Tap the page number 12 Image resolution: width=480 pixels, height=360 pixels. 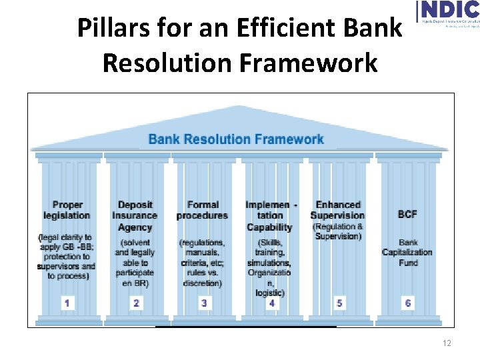[x=447, y=343]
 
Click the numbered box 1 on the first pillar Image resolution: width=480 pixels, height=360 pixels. [x=67, y=303]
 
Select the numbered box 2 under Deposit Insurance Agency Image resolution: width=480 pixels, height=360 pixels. [x=136, y=303]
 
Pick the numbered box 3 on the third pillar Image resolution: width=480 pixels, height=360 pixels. [x=204, y=303]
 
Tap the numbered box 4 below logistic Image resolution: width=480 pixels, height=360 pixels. [x=272, y=303]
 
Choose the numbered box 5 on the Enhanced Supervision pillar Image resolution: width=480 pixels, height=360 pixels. [x=340, y=303]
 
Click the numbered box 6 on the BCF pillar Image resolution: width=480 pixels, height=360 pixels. [x=408, y=303]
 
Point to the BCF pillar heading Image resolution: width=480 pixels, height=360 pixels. [x=407, y=215]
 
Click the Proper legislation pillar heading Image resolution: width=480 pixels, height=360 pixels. [x=67, y=210]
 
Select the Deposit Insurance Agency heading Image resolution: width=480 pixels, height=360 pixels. [x=135, y=215]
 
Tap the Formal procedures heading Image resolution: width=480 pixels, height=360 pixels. [x=203, y=210]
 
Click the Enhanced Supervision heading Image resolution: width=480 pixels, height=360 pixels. [x=338, y=210]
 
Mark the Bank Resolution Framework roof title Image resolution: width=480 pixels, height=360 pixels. [x=236, y=139]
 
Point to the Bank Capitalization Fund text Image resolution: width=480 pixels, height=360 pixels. [x=407, y=252]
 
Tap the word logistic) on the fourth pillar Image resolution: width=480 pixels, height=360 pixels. [x=270, y=293]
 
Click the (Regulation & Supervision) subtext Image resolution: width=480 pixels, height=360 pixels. [x=338, y=231]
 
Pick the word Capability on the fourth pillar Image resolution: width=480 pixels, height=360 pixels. [x=270, y=227]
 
